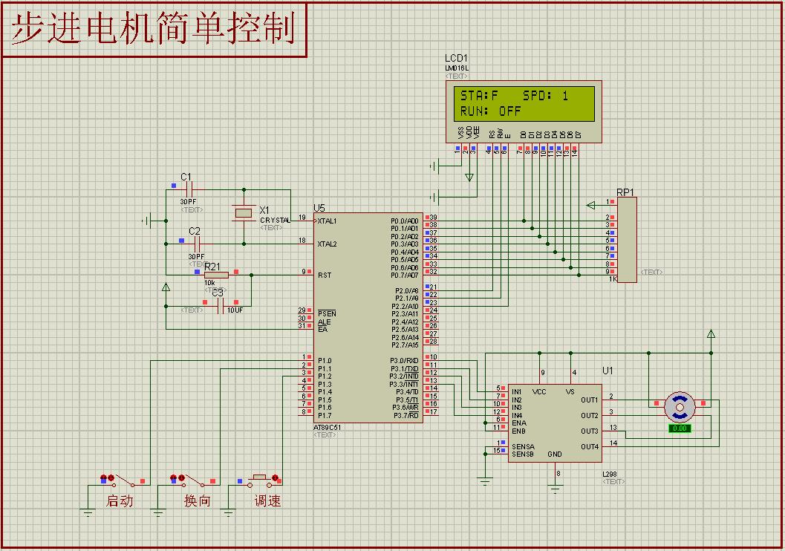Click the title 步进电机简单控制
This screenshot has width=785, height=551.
point(154,30)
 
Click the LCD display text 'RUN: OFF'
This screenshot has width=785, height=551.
point(491,111)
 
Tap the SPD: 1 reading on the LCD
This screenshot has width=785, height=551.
point(546,96)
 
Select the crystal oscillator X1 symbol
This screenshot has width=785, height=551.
point(244,213)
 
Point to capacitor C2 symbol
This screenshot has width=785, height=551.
point(195,243)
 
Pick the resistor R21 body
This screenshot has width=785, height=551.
point(216,275)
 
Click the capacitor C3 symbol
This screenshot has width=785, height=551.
point(219,306)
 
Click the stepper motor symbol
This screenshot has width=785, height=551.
point(679,406)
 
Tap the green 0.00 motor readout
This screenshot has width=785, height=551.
point(679,428)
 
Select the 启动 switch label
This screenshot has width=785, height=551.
point(120,501)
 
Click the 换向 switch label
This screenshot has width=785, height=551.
point(197,501)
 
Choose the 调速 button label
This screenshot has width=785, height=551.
point(267,501)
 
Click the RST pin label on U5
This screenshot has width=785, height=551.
point(325,275)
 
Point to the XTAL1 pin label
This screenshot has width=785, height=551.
point(327,221)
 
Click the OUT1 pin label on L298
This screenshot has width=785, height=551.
point(590,400)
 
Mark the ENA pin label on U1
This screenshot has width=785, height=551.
point(518,423)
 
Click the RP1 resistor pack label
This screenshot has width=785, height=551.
point(625,192)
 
